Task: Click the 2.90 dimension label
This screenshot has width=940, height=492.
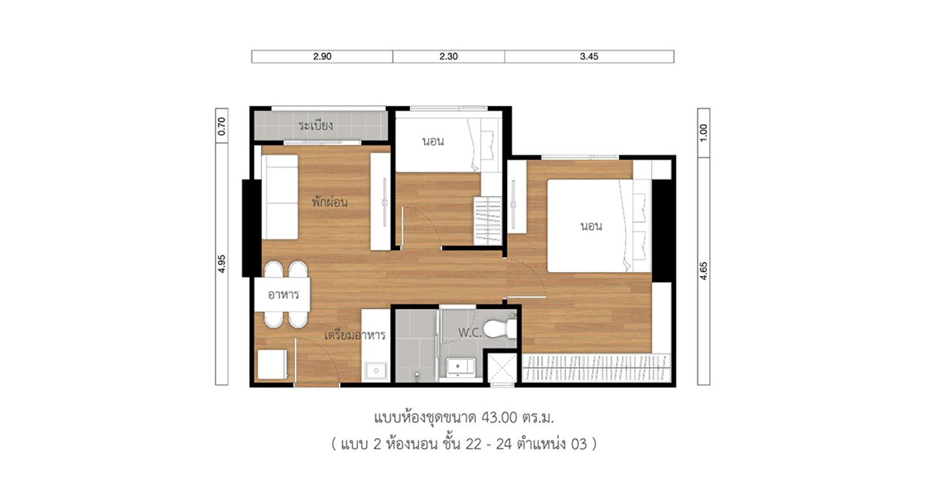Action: coord(322,56)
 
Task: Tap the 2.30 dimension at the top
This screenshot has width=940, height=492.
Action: coord(449,56)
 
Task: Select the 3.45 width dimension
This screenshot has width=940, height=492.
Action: coord(589,56)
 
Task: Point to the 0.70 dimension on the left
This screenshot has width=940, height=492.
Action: coord(222,126)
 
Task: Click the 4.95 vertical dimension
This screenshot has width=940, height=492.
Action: coord(222,264)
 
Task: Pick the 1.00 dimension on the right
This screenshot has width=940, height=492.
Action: coord(704,133)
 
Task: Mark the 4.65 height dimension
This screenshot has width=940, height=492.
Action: coord(704,271)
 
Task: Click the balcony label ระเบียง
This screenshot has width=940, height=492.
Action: coord(316,125)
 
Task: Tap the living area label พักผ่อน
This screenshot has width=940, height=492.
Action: coord(330,202)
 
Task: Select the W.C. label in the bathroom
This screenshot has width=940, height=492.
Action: coord(469,333)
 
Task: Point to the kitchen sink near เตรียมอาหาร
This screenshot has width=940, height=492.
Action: coord(376,370)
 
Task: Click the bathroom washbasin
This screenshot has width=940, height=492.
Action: coord(459,367)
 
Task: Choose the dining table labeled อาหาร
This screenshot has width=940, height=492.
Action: coord(283,295)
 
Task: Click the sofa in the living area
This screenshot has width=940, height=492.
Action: coord(280,197)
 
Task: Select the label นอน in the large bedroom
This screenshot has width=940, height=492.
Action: coord(592,226)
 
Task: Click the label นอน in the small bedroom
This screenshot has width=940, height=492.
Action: coord(433,141)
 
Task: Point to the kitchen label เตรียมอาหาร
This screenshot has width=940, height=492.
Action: coord(355,335)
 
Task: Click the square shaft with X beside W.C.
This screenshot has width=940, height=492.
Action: coord(502,368)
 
